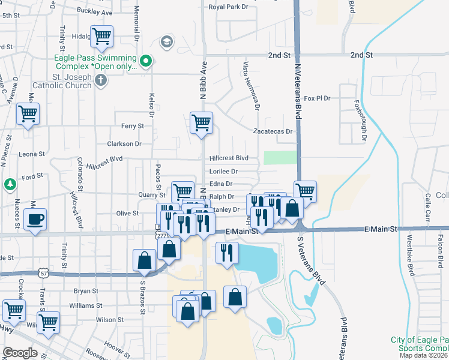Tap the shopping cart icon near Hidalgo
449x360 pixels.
coord(101,35)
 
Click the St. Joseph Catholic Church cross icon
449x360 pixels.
coord(101,81)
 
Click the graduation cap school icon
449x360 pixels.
coord(166,42)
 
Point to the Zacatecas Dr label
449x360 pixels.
coord(273,131)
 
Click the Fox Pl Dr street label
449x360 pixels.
coord(318,98)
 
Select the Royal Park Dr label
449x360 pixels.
coord(228,7)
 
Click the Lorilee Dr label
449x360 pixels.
coord(223,171)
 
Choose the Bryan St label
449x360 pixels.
coord(86,291)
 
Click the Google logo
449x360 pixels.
coord(20,352)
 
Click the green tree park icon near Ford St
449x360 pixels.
coord(10,184)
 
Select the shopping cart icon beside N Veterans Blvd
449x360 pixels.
coord(305,191)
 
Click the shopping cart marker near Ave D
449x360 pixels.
coord(28,113)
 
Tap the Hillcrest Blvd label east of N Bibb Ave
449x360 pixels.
coord(229,158)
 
